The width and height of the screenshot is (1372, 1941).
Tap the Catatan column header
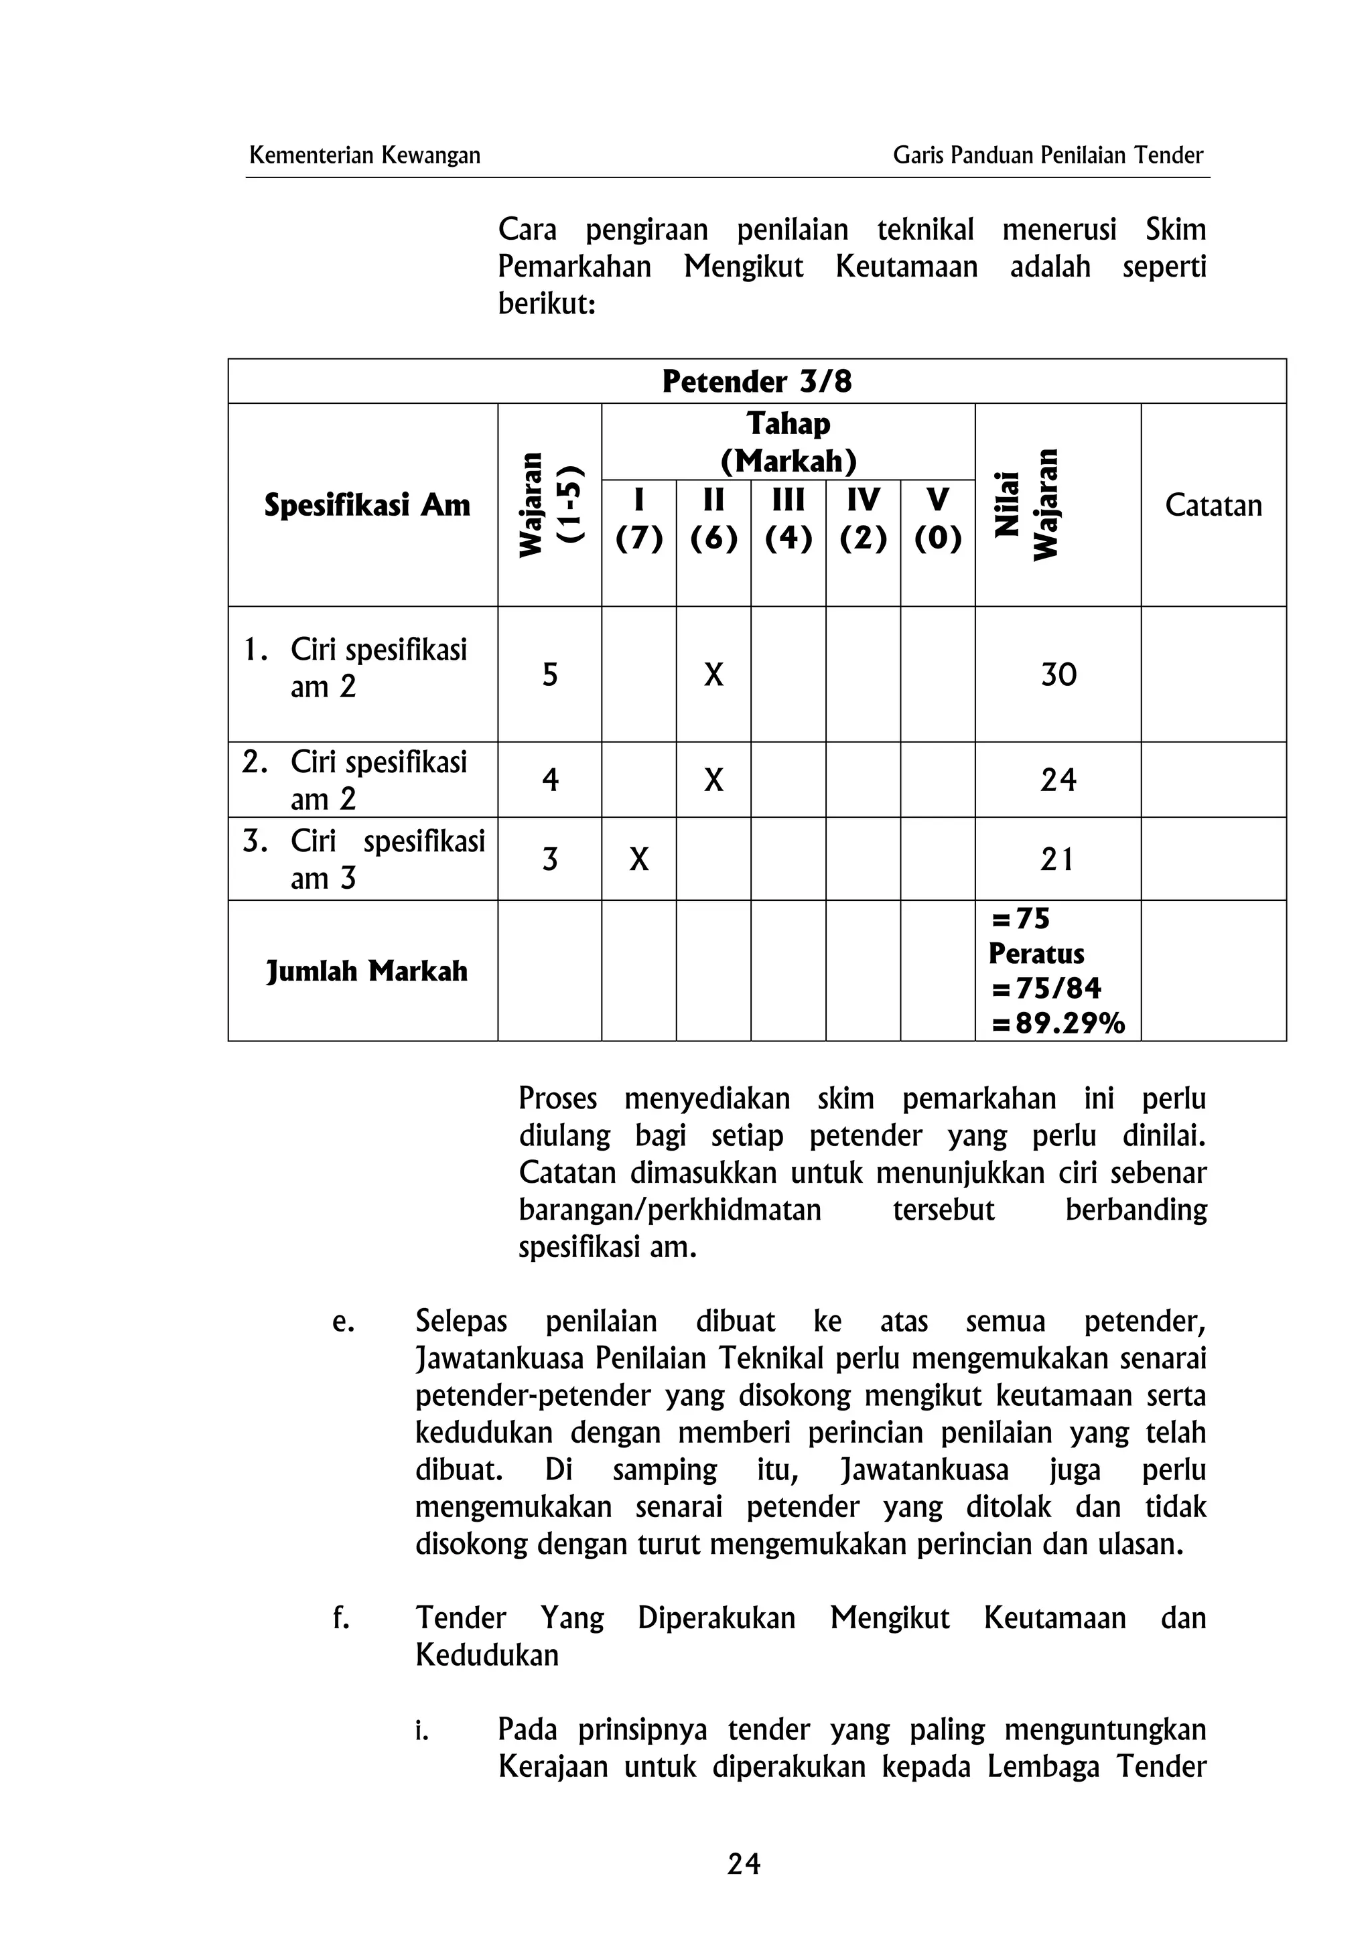[1213, 506]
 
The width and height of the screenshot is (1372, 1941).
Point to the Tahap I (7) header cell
[638, 518]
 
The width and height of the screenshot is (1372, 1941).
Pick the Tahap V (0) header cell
[937, 518]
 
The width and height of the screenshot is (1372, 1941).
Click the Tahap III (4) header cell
[788, 518]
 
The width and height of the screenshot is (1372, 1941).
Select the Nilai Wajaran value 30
[1058, 674]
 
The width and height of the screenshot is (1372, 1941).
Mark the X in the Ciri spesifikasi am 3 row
[639, 860]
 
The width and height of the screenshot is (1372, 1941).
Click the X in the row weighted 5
[713, 674]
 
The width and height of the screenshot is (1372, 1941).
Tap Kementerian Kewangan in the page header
[364, 155]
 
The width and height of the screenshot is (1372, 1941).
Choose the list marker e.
[342, 1321]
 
